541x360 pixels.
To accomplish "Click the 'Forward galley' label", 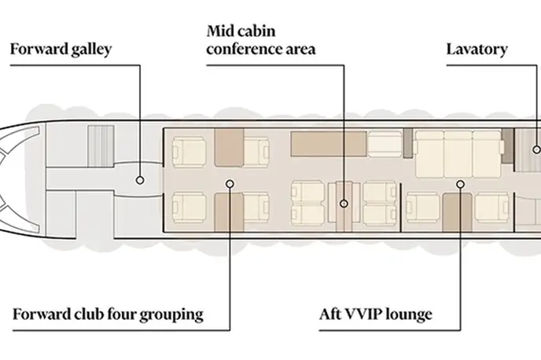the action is [x=61, y=49].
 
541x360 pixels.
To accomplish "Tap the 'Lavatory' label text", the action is [x=477, y=49].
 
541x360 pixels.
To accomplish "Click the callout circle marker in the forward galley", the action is [x=140, y=180].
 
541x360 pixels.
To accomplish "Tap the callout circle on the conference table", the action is [x=344, y=204].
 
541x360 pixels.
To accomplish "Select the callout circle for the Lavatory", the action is [x=536, y=149].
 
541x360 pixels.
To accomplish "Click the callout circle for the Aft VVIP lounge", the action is [x=460, y=185].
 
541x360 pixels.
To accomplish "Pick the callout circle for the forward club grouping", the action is [x=230, y=184].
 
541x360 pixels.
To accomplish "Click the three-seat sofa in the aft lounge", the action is [x=458, y=154].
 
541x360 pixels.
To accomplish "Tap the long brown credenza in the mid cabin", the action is [x=329, y=144].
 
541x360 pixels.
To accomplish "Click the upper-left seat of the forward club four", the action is [x=189, y=152].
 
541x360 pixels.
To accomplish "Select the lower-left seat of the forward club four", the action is [x=189, y=208].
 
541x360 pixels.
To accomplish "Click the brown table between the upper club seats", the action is [x=229, y=148].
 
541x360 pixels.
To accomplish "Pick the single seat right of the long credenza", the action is [x=385, y=144].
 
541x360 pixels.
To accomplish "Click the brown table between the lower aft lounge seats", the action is [x=457, y=213].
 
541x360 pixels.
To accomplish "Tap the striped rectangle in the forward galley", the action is [x=101, y=146].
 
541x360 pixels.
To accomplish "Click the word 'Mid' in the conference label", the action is [x=220, y=31].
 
